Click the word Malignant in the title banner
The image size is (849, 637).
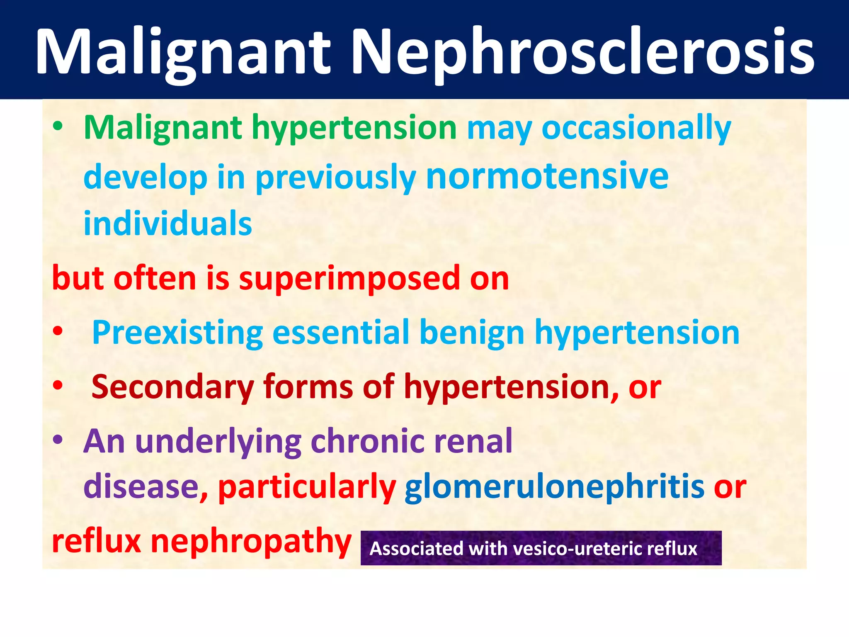tap(182, 52)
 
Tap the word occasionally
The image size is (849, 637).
tap(636, 128)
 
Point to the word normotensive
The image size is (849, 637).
tap(547, 176)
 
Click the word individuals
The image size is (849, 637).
tap(168, 224)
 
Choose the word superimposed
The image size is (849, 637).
tap(349, 278)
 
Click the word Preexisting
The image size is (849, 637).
tap(177, 333)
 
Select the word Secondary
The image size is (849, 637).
tap(172, 387)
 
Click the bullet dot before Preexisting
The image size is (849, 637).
tap(58, 331)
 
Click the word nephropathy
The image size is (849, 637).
tap(251, 541)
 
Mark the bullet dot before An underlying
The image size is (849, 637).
tap(58, 439)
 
